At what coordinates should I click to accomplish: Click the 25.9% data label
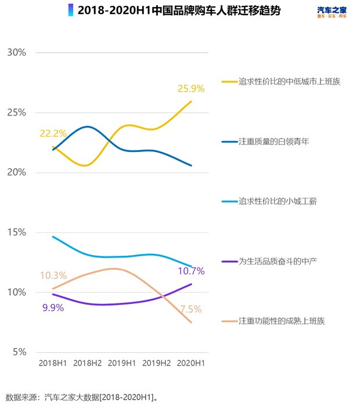(191, 89)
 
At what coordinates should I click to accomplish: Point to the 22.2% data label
(53, 133)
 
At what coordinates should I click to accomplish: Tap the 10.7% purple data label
(191, 270)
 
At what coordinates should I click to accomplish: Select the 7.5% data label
(190, 309)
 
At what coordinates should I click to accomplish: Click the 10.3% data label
(53, 276)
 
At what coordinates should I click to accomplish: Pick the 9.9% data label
(53, 307)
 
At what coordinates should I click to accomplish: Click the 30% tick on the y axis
(16, 52)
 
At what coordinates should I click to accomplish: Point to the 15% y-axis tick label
(16, 232)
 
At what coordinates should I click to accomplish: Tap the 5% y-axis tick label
(19, 352)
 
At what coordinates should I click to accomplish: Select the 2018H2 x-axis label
(88, 364)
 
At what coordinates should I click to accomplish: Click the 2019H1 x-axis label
(122, 364)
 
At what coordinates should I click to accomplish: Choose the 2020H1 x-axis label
(191, 364)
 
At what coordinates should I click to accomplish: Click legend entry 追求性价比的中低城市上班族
(289, 82)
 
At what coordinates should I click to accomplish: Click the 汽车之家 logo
(332, 12)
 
